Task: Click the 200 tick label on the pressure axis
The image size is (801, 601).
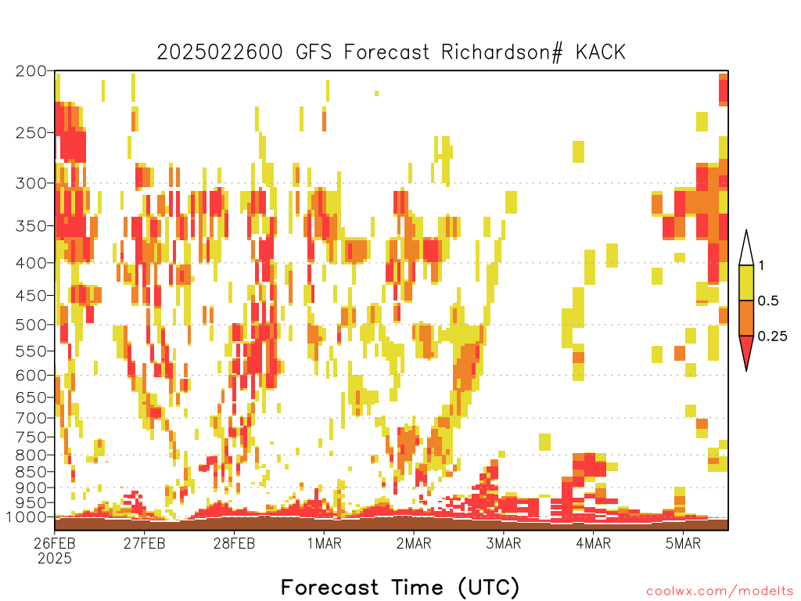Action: point(31,71)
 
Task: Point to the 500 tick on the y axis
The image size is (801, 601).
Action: point(31,325)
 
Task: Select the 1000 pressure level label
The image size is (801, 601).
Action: point(26,517)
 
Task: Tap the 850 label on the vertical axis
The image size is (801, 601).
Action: point(31,472)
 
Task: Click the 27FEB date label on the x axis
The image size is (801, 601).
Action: point(144,543)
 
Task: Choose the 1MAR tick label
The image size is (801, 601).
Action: point(324,543)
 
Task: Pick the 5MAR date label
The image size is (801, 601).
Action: point(683,543)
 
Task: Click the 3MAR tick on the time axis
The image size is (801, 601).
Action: point(503,543)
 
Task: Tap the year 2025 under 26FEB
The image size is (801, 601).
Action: point(55,559)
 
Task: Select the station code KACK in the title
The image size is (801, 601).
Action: point(600,52)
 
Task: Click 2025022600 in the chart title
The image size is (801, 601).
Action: point(220,52)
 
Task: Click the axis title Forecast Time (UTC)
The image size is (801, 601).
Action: point(400,588)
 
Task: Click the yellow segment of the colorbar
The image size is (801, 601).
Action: point(746,283)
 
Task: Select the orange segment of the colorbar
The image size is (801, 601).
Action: point(746,318)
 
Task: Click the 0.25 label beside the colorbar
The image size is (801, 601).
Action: point(772,336)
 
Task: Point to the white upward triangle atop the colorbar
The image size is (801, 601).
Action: point(746,251)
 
